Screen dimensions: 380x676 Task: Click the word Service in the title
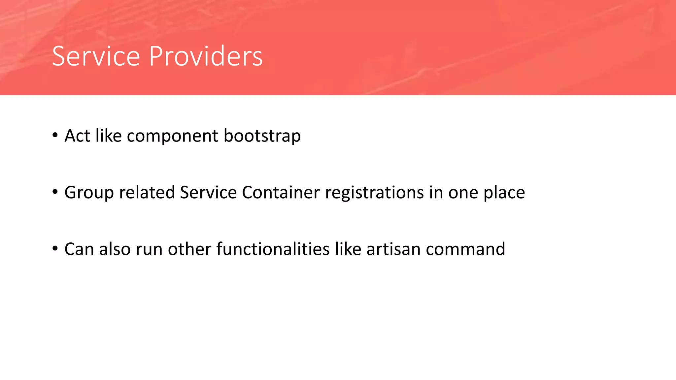(96, 56)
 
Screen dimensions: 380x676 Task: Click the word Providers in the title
(206, 56)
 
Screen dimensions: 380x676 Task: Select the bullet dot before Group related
(55, 191)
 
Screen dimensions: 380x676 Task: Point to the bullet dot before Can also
(55, 248)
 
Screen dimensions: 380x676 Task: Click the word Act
(77, 136)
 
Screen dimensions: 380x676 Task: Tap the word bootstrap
(262, 136)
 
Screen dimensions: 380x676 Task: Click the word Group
(89, 193)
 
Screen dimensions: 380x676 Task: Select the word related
(147, 192)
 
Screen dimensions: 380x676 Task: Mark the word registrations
(374, 193)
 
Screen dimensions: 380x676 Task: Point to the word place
(504, 193)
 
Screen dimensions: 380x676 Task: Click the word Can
(79, 249)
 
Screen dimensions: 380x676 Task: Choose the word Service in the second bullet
(208, 192)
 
